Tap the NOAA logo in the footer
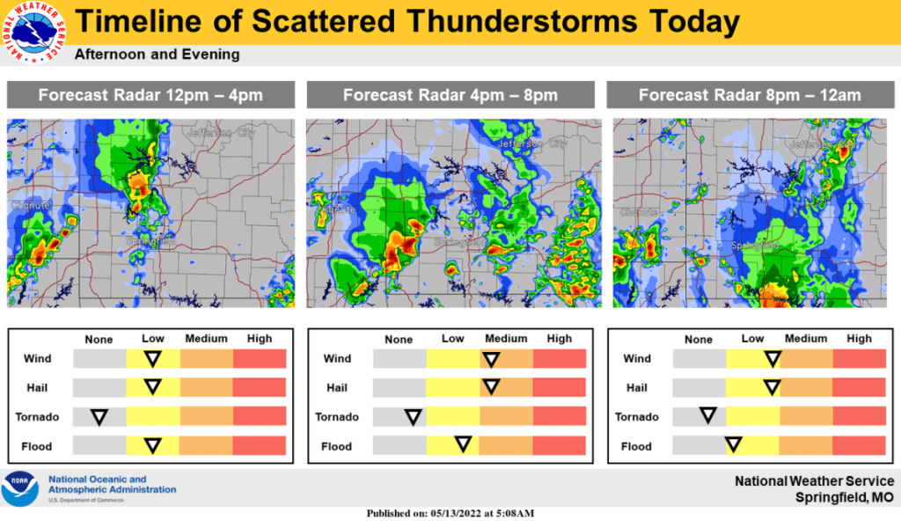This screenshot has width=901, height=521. click(19, 489)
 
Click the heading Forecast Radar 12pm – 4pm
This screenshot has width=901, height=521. click(150, 95)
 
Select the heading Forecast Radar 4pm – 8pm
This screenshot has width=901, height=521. click(450, 95)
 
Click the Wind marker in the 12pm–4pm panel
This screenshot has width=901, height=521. click(153, 358)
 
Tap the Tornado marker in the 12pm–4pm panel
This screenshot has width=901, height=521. click(99, 416)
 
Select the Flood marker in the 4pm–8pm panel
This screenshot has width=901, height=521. click(461, 445)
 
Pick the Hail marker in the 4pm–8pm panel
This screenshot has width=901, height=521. click(491, 387)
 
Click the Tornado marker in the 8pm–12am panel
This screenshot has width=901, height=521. click(706, 416)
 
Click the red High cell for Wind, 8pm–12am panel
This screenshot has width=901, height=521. click(859, 358)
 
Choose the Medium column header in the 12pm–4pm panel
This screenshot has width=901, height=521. click(206, 339)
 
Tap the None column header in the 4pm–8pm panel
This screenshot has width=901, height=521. click(399, 340)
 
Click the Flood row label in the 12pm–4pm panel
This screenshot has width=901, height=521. click(36, 447)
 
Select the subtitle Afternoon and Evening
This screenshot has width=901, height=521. click(157, 55)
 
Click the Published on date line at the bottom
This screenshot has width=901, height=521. click(450, 513)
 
